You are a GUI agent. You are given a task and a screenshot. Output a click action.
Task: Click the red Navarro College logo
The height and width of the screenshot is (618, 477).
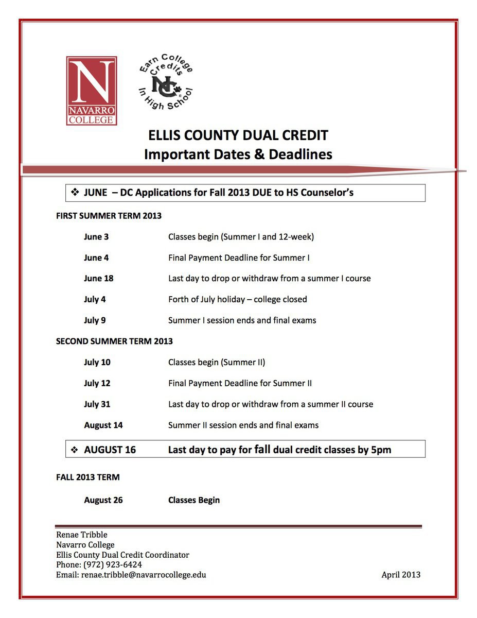(92, 91)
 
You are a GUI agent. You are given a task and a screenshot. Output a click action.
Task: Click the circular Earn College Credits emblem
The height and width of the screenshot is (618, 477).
(166, 82)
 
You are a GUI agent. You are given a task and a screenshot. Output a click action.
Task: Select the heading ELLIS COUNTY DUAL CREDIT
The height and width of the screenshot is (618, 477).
(238, 135)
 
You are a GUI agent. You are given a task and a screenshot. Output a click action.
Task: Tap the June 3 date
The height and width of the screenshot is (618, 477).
(96, 237)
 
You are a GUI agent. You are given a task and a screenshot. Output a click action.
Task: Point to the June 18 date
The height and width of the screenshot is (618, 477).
(98, 278)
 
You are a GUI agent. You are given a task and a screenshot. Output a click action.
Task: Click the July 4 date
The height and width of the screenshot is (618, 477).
(95, 299)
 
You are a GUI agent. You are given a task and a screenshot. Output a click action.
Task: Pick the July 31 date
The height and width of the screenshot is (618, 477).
(97, 404)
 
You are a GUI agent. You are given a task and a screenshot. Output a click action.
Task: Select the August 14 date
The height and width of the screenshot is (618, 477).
(103, 425)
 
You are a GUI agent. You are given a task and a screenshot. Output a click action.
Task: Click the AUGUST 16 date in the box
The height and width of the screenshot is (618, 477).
(110, 450)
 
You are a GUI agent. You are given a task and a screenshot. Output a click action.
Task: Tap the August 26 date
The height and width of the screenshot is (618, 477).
(103, 500)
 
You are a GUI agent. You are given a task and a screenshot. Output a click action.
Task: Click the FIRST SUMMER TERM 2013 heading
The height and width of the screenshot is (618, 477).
(109, 216)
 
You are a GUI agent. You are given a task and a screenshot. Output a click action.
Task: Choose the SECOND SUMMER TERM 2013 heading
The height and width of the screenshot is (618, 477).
(114, 341)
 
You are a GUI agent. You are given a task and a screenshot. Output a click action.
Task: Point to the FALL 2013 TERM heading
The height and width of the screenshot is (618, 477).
(87, 477)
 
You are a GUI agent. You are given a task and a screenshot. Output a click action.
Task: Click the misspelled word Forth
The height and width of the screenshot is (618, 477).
(180, 299)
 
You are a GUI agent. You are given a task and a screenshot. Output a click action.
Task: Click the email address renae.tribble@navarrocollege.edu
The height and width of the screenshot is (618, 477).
(144, 575)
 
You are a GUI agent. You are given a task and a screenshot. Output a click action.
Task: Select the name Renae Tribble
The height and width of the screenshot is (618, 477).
(82, 535)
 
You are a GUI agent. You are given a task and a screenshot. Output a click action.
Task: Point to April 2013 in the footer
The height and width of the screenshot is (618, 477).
(401, 575)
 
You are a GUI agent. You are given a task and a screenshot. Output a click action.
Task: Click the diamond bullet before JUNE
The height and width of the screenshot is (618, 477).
(74, 193)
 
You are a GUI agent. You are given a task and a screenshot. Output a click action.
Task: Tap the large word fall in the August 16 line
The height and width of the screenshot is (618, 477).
(262, 449)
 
